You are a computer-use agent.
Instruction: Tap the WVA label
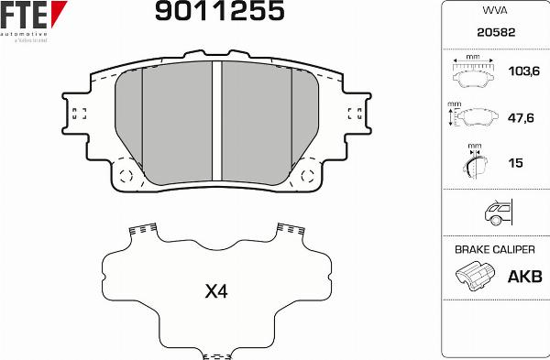(x=494, y=11)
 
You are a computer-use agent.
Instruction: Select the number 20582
(x=494, y=32)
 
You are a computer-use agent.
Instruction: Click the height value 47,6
(x=520, y=117)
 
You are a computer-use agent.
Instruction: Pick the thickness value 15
(x=515, y=163)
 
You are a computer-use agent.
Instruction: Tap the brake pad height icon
(x=473, y=117)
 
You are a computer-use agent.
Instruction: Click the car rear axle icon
(x=495, y=213)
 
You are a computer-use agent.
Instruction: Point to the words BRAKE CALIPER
(x=494, y=250)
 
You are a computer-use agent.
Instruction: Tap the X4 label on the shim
(x=215, y=293)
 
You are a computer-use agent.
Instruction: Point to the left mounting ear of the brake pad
(x=78, y=114)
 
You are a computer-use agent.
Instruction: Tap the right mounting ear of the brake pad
(x=357, y=114)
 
